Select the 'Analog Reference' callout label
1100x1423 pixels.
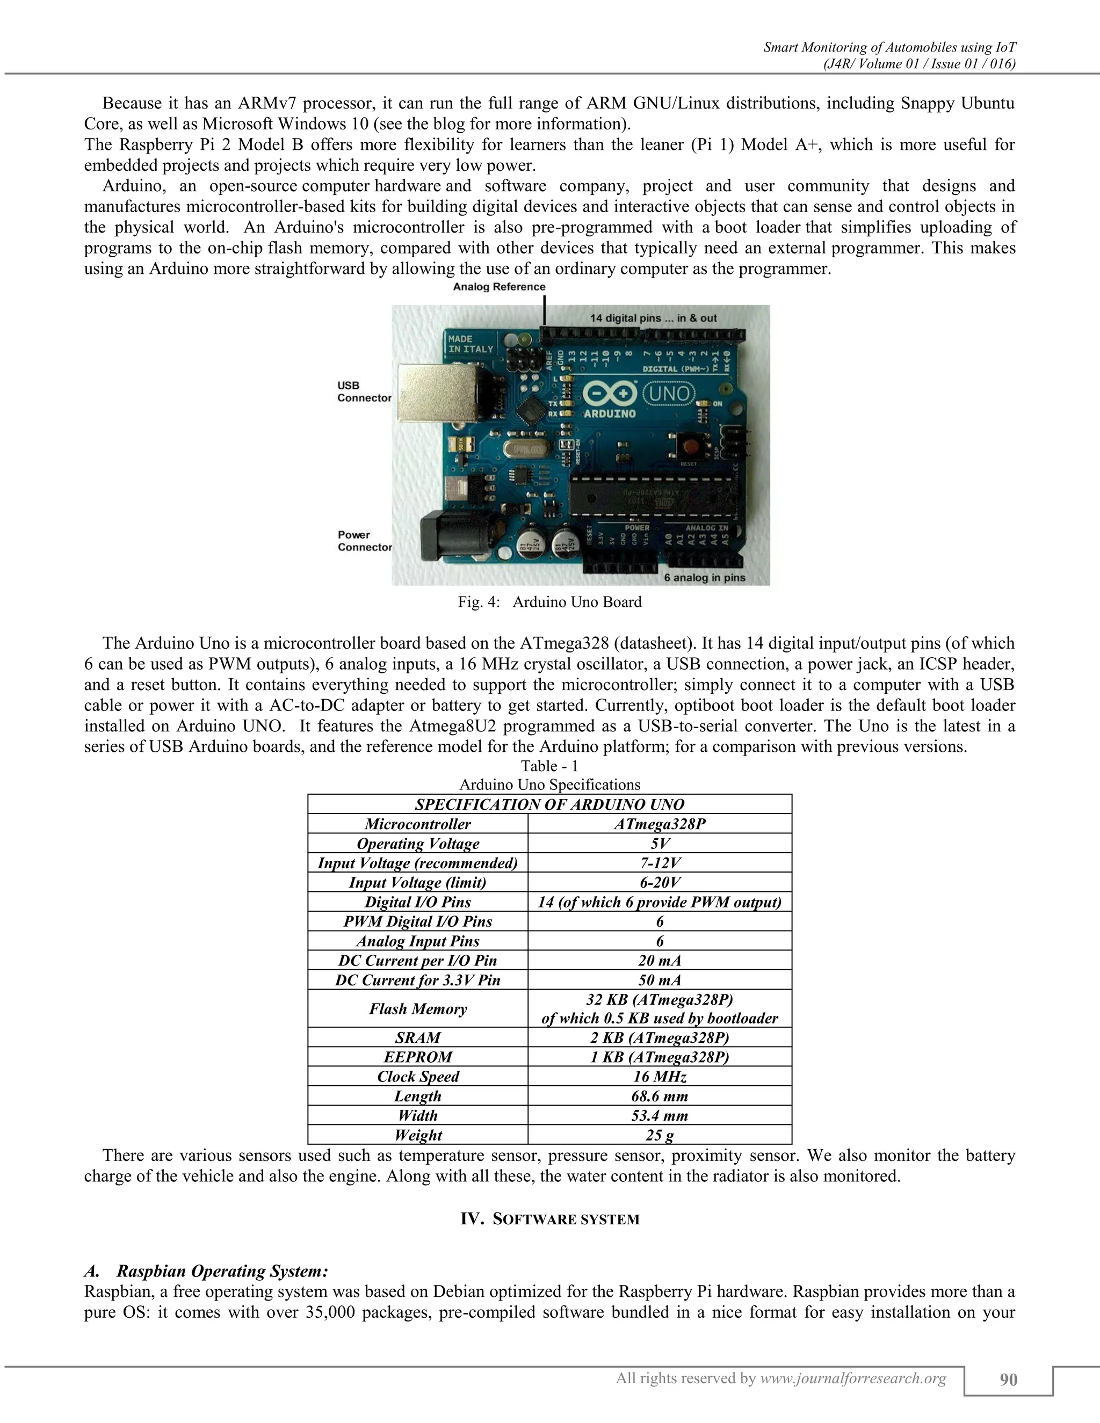[499, 287]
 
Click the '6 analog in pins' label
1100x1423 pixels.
[705, 577]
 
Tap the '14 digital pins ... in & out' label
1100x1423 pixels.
[653, 318]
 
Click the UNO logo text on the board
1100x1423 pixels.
[669, 393]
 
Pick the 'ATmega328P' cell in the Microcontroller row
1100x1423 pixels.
[660, 824]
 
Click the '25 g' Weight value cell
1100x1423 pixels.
[660, 1135]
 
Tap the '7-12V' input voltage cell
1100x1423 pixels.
[660, 863]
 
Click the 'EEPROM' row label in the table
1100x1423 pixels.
[418, 1057]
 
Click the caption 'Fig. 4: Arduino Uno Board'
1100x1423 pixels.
[549, 602]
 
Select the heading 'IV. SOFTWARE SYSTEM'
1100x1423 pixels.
[549, 1219]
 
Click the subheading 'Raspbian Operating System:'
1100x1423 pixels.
[222, 1271]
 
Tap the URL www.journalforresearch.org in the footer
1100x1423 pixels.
[853, 1378]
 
